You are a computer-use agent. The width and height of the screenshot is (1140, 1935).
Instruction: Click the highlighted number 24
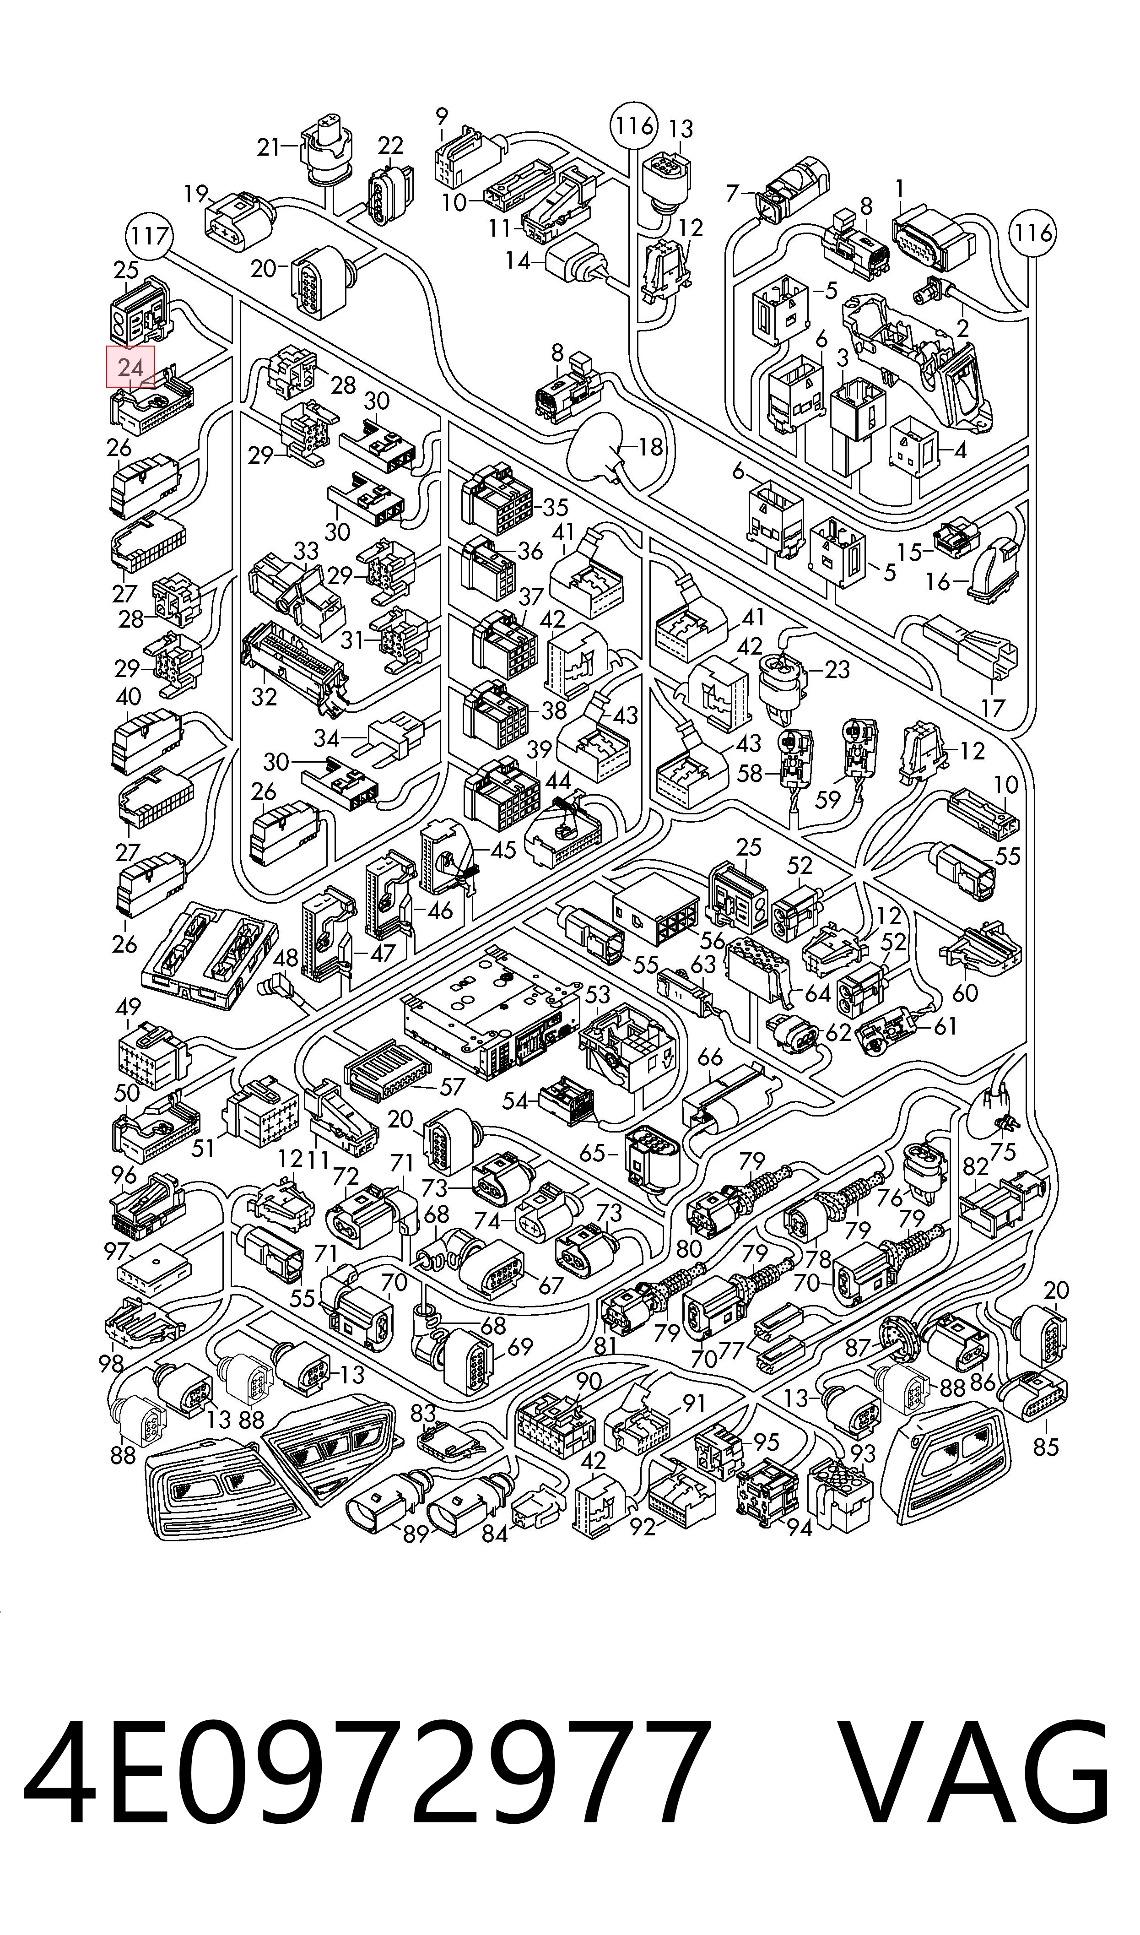(130, 367)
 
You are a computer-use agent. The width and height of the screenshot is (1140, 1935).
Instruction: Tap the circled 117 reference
(149, 235)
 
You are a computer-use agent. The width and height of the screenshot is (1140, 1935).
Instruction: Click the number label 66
(711, 1057)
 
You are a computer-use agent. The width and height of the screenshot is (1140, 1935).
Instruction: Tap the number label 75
(1003, 1151)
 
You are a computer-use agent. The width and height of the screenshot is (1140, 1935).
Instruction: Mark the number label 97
(117, 1252)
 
